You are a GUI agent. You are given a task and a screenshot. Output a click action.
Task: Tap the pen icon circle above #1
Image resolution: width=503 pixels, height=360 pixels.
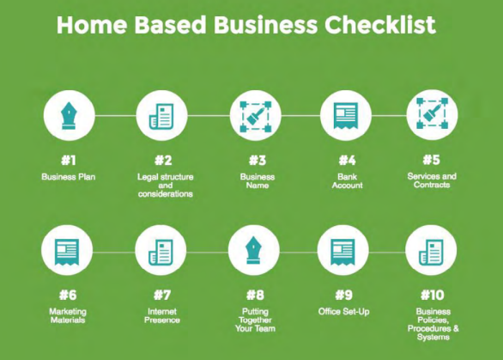pos(69,115)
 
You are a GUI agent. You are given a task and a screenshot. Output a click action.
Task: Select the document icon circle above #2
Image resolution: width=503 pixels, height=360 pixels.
pos(161,115)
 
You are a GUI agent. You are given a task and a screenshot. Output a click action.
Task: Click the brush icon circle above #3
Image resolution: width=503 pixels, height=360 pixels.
pos(255,115)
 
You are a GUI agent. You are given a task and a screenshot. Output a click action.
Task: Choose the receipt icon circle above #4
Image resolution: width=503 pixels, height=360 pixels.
pos(346,115)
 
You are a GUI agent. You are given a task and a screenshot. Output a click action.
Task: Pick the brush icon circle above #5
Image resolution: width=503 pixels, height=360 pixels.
pos(431,115)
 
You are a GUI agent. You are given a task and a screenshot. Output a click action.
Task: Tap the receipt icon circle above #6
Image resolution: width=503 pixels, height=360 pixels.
pos(69,253)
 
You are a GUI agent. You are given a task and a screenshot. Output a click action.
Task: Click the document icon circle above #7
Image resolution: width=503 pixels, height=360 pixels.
pos(161,253)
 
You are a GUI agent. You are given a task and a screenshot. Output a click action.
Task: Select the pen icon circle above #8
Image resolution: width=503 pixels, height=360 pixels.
pos(255,253)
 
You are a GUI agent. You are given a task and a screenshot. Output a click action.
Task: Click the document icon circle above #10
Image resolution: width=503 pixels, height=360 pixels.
pos(431,253)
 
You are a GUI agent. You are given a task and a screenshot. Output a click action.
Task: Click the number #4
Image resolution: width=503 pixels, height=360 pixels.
pos(346,161)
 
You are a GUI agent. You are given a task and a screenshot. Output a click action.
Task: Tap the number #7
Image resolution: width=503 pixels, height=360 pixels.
pos(161,296)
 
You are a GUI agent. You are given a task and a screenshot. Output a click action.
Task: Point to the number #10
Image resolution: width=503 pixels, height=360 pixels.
pos(431,296)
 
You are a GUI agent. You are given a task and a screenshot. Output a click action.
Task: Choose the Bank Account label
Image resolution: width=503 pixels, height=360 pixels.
pos(347,180)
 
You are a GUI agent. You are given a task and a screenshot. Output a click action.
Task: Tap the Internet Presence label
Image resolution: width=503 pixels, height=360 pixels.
pos(161,315)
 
